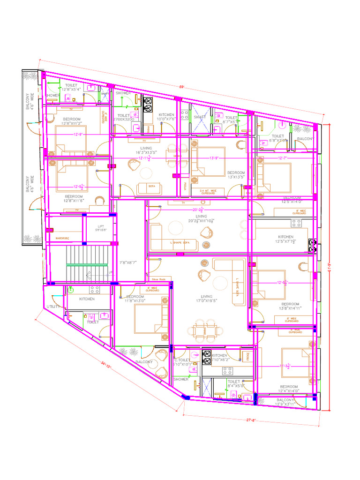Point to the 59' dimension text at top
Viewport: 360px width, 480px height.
click(181, 86)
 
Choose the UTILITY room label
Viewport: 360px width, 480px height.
click(53, 307)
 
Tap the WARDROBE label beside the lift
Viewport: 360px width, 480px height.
click(62, 238)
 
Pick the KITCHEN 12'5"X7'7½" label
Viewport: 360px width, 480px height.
click(286, 240)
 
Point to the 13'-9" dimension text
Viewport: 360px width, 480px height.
click(215, 158)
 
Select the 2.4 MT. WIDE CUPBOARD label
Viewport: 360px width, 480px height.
click(208, 192)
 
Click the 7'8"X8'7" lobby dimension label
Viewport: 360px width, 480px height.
click(127, 262)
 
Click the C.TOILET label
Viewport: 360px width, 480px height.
click(182, 360)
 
